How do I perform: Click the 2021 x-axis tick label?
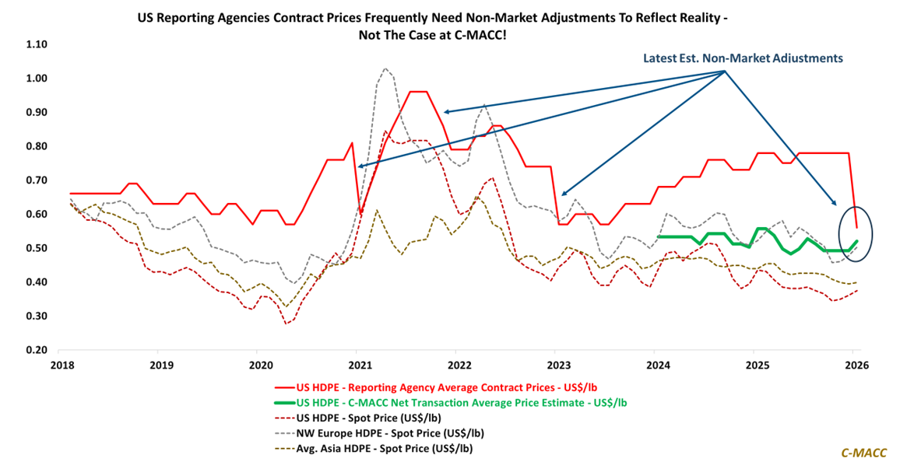pos(358,364)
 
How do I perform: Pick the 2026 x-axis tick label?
pos(855,364)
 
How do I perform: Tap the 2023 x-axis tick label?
pos(557,364)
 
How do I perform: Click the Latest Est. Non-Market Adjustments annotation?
pos(743,58)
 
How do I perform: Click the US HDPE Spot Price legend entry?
pos(371,418)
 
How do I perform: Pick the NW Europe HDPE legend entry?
pos(395,433)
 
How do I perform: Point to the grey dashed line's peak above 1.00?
pos(385,68)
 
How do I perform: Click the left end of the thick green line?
pos(658,236)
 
